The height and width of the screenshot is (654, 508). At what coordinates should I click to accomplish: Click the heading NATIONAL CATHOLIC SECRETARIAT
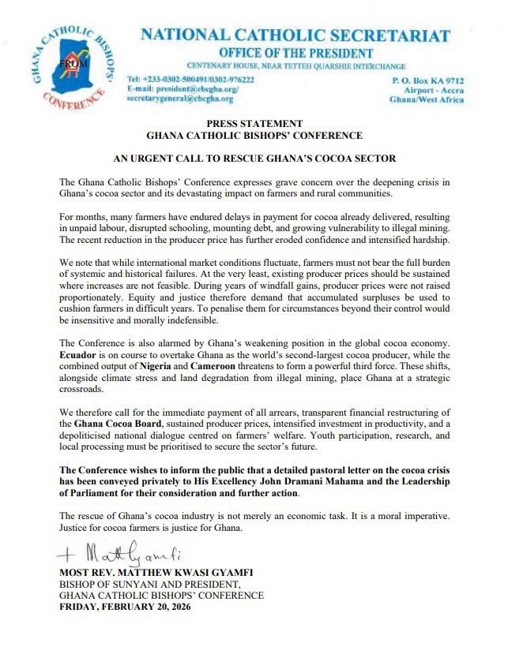pos(295,36)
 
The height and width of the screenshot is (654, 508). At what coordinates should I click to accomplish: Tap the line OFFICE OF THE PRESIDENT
pos(295,52)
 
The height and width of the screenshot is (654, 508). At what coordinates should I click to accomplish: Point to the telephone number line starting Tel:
pos(190,80)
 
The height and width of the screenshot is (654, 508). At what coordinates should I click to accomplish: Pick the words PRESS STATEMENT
pos(254,124)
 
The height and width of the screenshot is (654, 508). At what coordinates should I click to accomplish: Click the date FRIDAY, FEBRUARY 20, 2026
pos(126,607)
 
